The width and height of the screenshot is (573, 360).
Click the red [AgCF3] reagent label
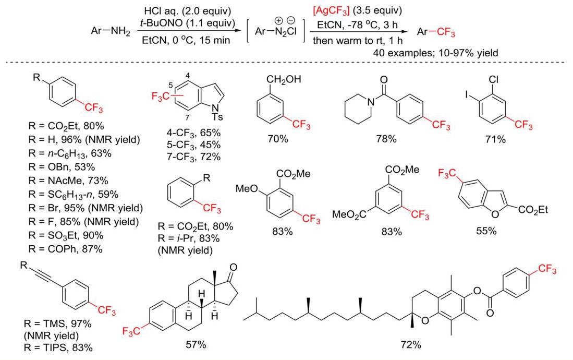331,10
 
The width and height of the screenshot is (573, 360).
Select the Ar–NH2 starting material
111,31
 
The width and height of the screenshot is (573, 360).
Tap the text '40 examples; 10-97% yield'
435,53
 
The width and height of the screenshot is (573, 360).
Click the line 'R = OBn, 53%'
62,167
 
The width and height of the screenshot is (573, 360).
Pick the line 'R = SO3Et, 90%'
66,235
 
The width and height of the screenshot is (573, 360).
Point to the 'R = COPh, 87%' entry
65,249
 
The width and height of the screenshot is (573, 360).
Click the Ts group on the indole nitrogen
217,117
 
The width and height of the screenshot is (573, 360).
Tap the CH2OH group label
284,79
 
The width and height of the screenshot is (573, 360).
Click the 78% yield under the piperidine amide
386,139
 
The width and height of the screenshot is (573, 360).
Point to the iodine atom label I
467,95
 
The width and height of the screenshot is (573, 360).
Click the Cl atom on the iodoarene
493,79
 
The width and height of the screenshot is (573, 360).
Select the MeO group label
247,189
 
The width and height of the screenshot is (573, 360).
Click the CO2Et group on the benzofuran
533,210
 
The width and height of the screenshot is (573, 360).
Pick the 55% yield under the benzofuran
486,231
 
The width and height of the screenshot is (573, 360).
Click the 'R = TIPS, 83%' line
58,347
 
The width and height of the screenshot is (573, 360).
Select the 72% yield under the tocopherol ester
411,344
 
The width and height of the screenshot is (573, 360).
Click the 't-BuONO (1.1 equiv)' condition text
188,23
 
